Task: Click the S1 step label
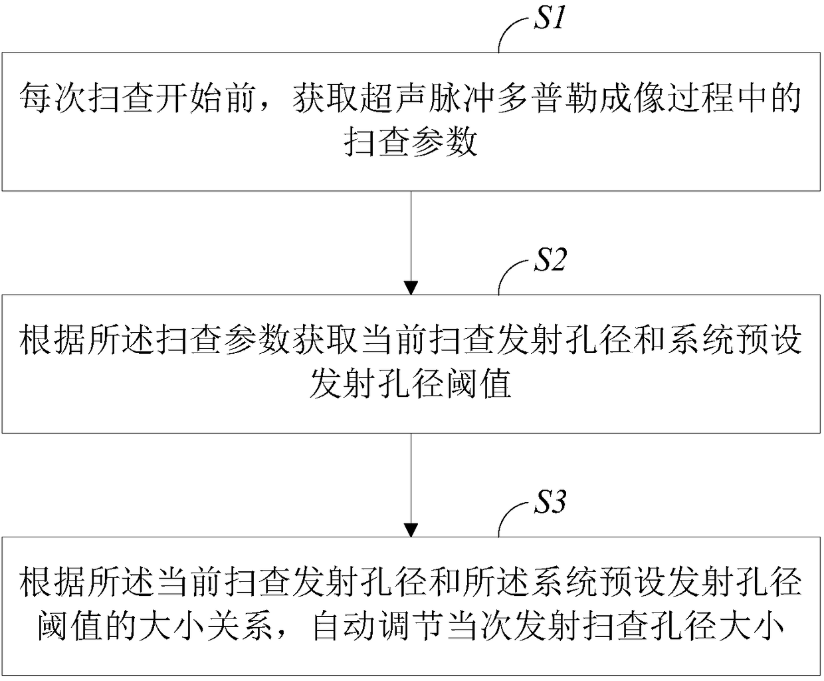point(550,18)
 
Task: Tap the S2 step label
point(550,259)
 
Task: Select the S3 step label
point(550,501)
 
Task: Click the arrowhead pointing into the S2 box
point(411,287)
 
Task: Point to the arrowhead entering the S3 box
point(411,530)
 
